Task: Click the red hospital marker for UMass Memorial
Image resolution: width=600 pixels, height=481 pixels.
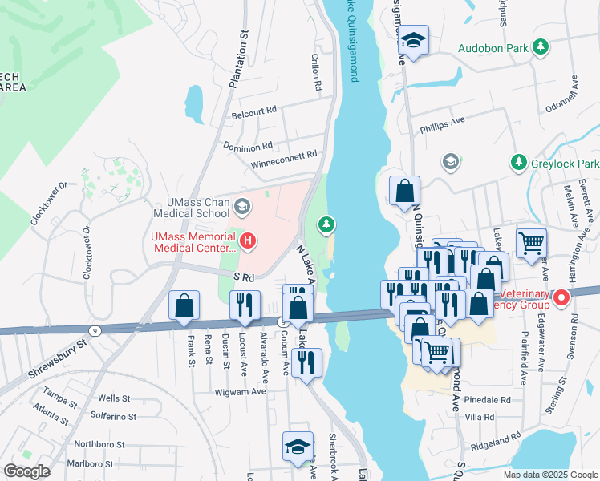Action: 249,240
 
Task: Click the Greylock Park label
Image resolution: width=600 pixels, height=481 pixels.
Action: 564,164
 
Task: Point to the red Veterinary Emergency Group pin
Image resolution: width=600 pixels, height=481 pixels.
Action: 561,299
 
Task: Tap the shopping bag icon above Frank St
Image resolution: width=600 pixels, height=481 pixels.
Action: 184,305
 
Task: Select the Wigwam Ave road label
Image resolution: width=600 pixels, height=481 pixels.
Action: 238,392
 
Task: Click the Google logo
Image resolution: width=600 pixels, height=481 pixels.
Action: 26,471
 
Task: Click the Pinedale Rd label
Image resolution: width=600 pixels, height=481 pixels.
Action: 487,399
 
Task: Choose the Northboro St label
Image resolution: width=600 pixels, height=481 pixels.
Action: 99,443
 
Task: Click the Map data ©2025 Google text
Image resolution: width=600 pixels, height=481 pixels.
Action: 549,475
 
